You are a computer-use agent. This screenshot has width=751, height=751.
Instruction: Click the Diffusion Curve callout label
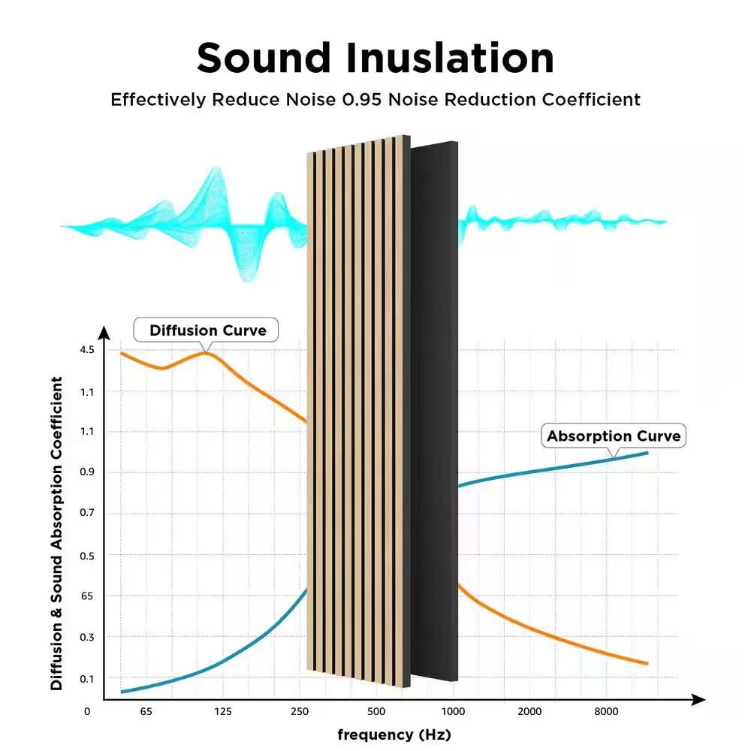[207, 330]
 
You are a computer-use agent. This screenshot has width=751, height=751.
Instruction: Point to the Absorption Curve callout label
[614, 436]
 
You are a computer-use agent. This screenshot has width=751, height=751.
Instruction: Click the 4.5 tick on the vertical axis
[87, 350]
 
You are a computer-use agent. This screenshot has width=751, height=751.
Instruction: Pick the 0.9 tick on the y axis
[87, 472]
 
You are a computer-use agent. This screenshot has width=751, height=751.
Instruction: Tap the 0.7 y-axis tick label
[87, 514]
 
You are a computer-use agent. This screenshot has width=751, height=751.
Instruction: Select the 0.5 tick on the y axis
[87, 555]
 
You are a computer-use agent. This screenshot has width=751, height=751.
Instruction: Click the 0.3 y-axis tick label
[87, 637]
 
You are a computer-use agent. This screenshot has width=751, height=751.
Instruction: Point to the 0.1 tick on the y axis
[87, 678]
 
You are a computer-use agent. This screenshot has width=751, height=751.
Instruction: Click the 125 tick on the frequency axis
[222, 711]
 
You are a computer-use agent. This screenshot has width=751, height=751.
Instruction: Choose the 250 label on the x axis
[300, 711]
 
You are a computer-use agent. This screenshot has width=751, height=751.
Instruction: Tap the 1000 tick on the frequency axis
[453, 711]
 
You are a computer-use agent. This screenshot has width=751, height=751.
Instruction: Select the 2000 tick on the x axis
[529, 711]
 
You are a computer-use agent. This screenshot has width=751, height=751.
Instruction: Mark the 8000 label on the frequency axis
[606, 711]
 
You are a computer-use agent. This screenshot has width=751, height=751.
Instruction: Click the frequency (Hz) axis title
[394, 734]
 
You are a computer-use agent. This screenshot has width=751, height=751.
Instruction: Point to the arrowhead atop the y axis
[104, 333]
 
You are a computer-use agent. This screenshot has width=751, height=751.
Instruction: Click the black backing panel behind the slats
[436, 413]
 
